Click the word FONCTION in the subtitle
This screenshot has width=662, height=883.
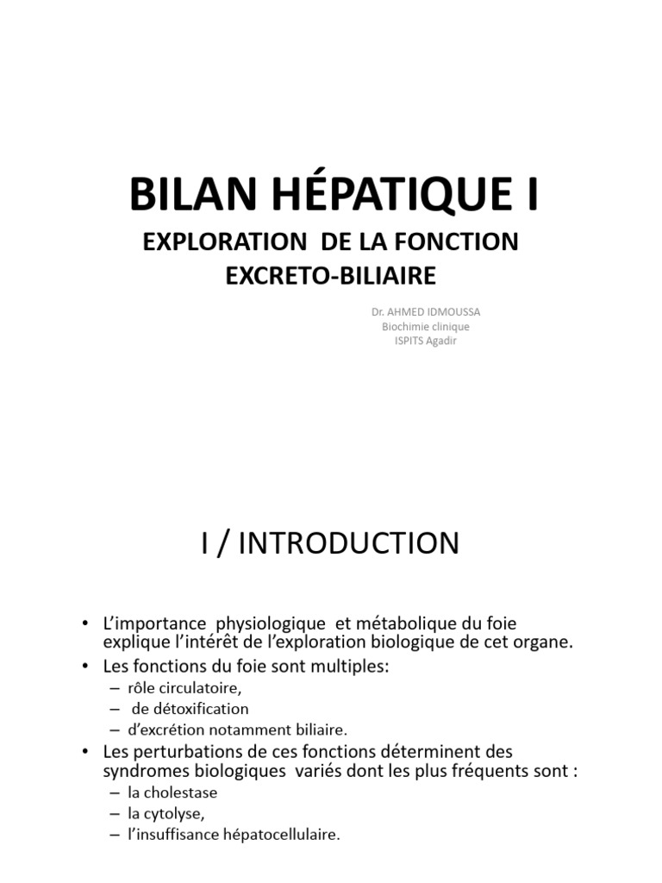[x=458, y=242]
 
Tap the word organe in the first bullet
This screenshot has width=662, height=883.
[x=538, y=642]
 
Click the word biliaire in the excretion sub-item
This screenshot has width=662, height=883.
[x=319, y=730]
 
